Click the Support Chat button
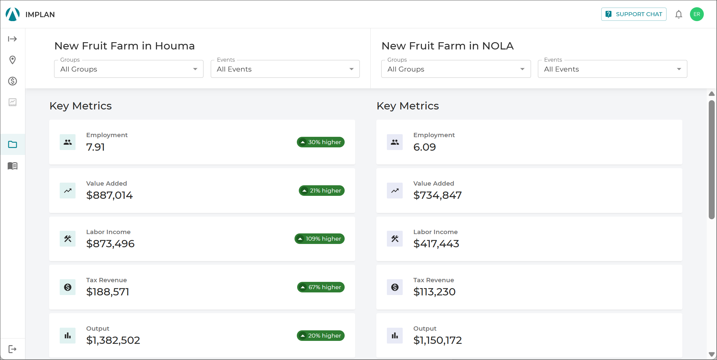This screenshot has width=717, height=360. [634, 14]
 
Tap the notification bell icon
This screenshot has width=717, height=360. [678, 15]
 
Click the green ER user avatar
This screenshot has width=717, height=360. [697, 14]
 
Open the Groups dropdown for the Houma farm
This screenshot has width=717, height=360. [129, 69]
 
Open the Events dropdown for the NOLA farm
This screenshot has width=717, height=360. [612, 69]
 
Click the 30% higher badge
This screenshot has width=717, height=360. [321, 142]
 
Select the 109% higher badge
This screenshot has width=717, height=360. [320, 239]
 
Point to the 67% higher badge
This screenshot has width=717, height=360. [321, 287]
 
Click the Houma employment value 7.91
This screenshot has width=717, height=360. [95, 147]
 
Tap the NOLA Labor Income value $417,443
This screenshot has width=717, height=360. [436, 244]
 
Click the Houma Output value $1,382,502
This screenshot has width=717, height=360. [113, 340]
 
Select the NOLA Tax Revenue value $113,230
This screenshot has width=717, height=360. [434, 292]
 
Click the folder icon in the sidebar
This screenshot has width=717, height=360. [13, 144]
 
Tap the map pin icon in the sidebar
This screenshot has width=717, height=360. [13, 60]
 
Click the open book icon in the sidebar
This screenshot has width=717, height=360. [13, 165]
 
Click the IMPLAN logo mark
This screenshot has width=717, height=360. [13, 14]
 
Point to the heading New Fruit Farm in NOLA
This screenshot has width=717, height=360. [448, 46]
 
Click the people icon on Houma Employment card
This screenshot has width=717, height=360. [68, 142]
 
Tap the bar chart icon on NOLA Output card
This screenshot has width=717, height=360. [395, 336]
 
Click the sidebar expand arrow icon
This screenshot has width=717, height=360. [13, 39]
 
